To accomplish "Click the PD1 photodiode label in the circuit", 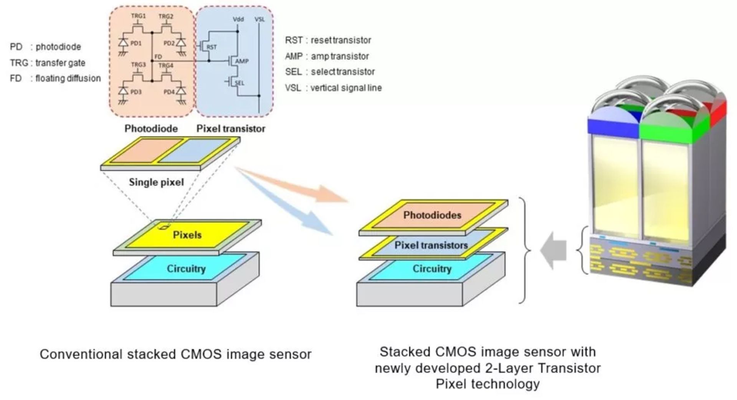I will [x=136, y=43].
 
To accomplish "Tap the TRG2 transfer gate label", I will [x=166, y=16].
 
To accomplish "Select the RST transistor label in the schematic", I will [x=212, y=47].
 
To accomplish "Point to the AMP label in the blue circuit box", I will [x=242, y=61].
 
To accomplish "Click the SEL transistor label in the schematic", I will [x=239, y=82].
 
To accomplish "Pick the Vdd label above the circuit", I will [x=238, y=19].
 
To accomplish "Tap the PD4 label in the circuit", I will [x=169, y=92].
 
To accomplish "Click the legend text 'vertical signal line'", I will [x=346, y=88].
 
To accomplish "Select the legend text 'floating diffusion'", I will [x=68, y=78].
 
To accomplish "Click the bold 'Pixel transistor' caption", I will [x=231, y=128].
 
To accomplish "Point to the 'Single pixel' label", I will [x=156, y=182].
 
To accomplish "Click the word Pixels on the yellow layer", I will [x=187, y=235].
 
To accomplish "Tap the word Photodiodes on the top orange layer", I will [x=432, y=215].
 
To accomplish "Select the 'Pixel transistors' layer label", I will [x=431, y=245].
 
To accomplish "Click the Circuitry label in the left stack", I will [x=186, y=268].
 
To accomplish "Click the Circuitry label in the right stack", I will [x=432, y=268].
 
